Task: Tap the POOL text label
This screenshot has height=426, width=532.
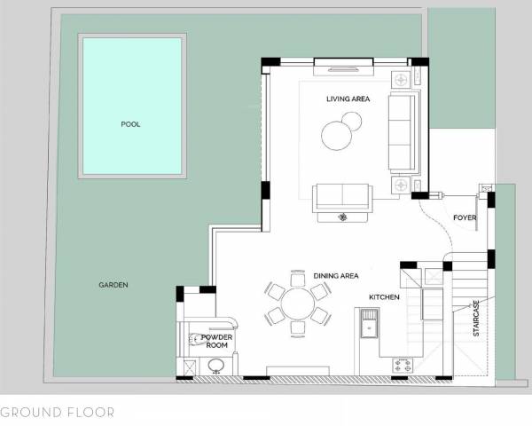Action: (x=130, y=124)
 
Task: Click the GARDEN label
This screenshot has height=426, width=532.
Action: (x=113, y=285)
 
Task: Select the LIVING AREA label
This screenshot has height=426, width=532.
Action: (x=348, y=99)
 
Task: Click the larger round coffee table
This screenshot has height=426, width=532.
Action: (x=336, y=136)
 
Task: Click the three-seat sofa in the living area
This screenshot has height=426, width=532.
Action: (x=402, y=133)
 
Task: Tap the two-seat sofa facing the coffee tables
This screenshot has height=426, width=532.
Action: (x=340, y=196)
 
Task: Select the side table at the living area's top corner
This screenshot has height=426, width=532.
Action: (x=402, y=80)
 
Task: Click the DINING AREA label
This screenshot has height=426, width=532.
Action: (x=336, y=276)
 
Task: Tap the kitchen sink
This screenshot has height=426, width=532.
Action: (x=366, y=326)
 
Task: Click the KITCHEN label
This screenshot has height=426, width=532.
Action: (x=384, y=296)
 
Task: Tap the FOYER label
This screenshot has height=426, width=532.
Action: (x=465, y=217)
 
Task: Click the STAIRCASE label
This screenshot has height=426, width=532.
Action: (x=476, y=318)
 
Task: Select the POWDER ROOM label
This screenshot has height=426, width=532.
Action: (x=216, y=342)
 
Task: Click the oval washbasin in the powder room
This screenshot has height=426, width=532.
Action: (x=197, y=338)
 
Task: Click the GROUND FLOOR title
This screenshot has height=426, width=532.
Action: (x=57, y=413)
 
